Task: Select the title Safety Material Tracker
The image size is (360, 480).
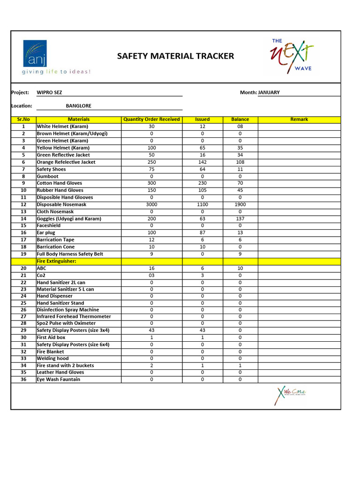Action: click(x=175, y=56)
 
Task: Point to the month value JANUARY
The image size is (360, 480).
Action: click(x=269, y=92)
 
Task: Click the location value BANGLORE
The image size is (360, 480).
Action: click(x=78, y=106)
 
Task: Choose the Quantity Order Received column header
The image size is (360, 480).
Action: click(x=151, y=120)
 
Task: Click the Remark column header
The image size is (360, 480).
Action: click(x=299, y=120)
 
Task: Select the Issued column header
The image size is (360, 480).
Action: click(x=202, y=120)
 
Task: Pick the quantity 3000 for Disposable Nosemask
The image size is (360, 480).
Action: click(x=151, y=204)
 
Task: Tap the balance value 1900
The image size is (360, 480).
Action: click(x=240, y=204)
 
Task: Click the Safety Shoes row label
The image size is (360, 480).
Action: click(x=51, y=169)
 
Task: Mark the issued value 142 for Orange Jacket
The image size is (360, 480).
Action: click(x=202, y=162)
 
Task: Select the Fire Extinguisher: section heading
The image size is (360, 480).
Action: click(x=56, y=261)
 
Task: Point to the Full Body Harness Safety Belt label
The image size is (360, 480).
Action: click(x=70, y=254)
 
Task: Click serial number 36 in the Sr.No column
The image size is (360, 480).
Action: click(x=23, y=379)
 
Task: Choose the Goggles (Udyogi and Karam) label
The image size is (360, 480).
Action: click(x=69, y=218)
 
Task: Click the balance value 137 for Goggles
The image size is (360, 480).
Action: click(x=240, y=218)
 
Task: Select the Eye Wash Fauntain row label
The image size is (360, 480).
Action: click(x=58, y=379)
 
